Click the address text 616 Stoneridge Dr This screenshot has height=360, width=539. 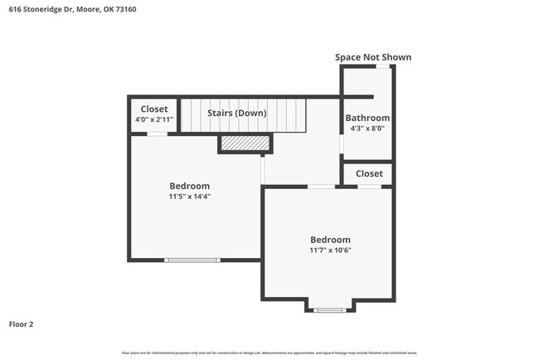click(41, 9)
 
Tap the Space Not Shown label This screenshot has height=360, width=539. click(372, 57)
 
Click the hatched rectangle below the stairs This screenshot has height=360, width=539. click(245, 144)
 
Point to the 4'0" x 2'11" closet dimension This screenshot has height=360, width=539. click(153, 120)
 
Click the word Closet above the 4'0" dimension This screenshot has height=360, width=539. click(153, 109)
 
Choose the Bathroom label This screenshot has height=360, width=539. click(367, 118)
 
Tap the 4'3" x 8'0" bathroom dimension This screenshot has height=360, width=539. click(367, 129)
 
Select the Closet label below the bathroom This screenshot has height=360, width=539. click(369, 173)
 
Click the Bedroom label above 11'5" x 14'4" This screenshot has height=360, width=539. click(189, 186)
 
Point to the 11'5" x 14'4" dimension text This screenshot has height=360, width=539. click(189, 197)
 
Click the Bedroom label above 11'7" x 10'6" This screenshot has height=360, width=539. click(330, 240)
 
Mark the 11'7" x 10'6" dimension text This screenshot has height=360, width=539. click(330, 251)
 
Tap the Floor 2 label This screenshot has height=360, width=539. click(22, 324)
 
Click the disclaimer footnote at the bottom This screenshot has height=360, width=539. click(269, 353)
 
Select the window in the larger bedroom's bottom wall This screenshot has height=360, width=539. click(192, 260)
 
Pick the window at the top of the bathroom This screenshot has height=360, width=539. click(381, 66)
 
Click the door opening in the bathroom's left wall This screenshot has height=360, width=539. click(342, 144)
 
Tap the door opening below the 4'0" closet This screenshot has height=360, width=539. click(158, 134)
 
